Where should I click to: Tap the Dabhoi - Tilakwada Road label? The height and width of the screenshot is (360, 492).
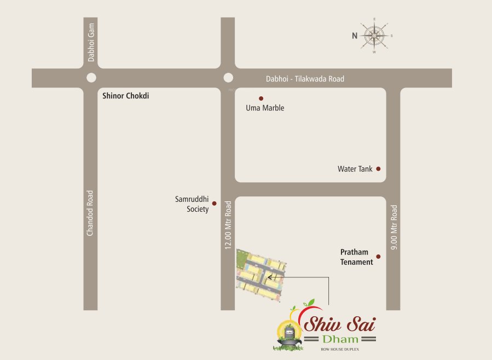[x=305, y=79]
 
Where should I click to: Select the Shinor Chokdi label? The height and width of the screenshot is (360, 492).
[x=126, y=96]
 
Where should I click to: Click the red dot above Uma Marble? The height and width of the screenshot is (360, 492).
[x=261, y=98]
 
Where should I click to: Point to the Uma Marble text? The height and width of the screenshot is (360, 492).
[x=265, y=108]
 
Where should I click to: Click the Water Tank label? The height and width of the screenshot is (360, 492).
[x=355, y=169]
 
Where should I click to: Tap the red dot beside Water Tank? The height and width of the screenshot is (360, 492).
[x=378, y=169]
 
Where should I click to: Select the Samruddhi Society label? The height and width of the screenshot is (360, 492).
[x=192, y=204]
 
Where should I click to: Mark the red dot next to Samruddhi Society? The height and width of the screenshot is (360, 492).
[x=214, y=204]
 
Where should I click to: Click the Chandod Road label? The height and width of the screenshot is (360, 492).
[x=90, y=213]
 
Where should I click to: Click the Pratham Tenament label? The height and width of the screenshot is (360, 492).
[x=356, y=257]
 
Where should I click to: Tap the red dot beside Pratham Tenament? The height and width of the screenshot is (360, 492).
[x=378, y=256]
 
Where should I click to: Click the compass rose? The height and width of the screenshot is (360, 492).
[x=375, y=36]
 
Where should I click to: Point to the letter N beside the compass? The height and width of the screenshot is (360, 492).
[x=355, y=36]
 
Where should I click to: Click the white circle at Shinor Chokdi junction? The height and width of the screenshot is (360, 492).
[x=91, y=78]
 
